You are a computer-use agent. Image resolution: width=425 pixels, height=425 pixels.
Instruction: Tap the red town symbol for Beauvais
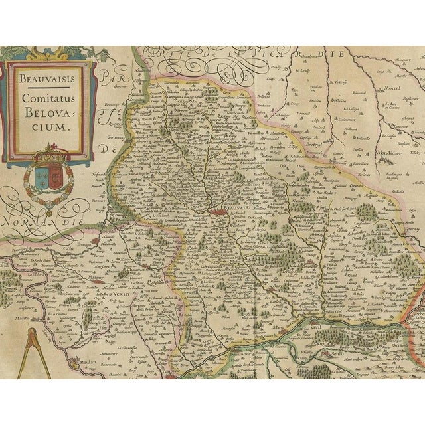click(220, 212)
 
